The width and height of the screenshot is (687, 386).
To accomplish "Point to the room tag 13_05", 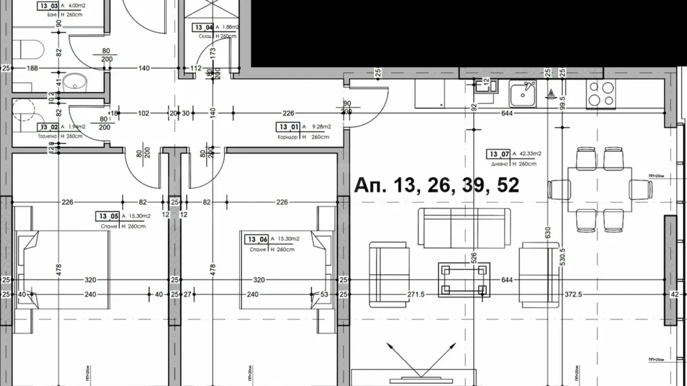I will [108, 216].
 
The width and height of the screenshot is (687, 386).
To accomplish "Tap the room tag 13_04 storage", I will [203, 28].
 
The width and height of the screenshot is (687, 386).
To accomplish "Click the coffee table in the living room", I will [464, 280].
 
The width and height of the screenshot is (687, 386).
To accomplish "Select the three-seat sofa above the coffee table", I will [464, 228].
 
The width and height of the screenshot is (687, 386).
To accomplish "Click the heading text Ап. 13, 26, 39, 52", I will [436, 185].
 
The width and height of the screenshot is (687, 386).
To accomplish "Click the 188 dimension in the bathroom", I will [32, 68].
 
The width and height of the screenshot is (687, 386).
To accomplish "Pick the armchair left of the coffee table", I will [389, 272].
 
